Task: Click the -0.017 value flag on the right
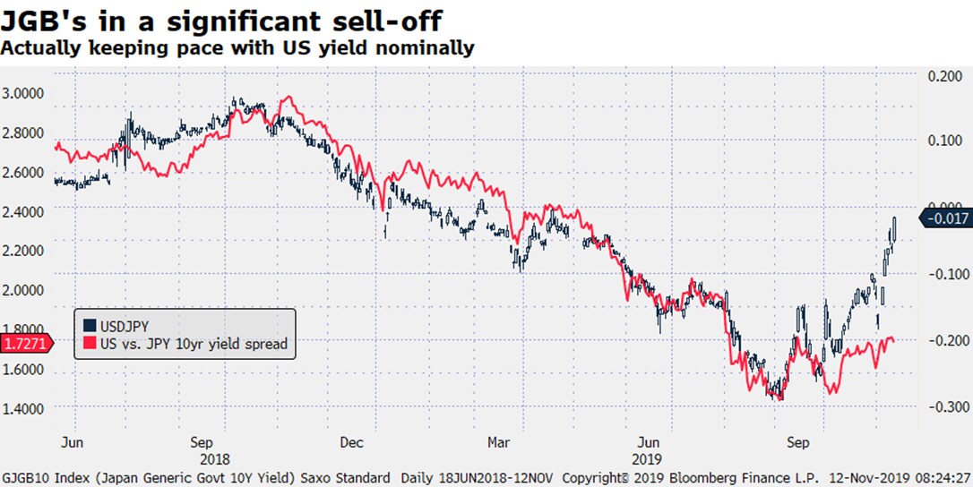[x=948, y=217]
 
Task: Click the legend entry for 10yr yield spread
[x=193, y=343]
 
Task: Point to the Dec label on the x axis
[x=351, y=442]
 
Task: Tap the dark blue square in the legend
[x=89, y=325]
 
